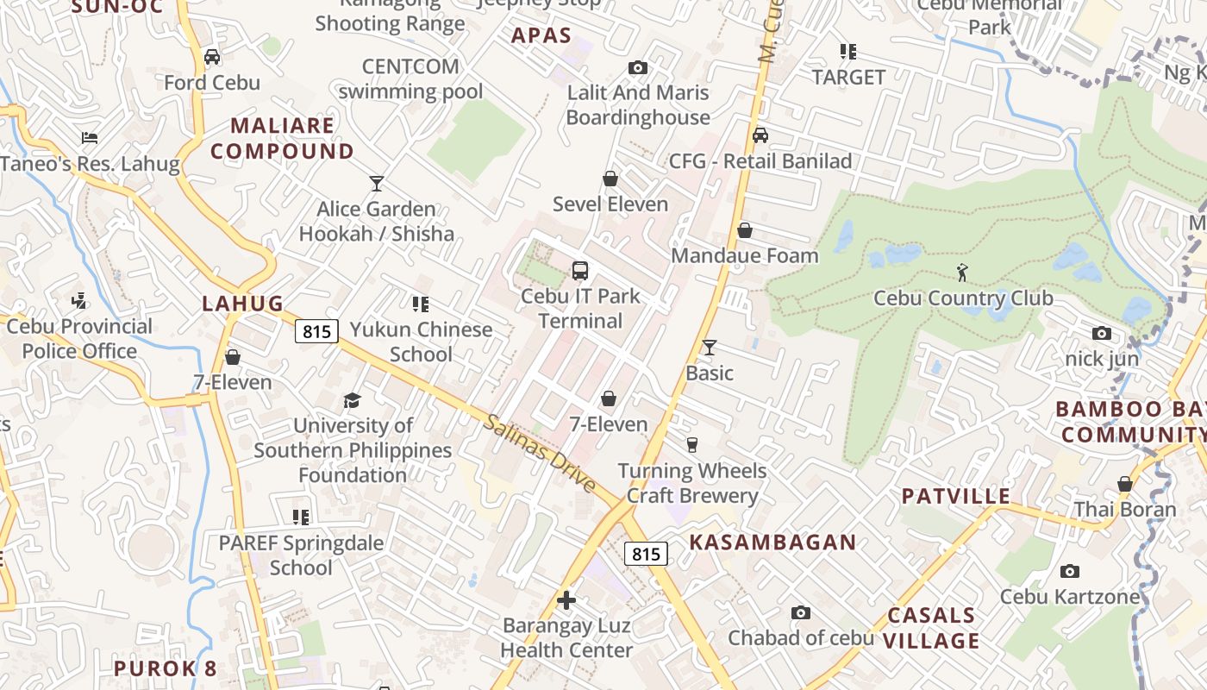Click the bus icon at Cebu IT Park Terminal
(580, 270)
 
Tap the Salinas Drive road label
(540, 454)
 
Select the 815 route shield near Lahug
(316, 330)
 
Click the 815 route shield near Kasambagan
(646, 554)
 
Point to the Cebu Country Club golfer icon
(962, 273)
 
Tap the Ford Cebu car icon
(212, 57)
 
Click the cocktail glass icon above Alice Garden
(376, 183)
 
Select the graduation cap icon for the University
(352, 400)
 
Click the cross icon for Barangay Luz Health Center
(566, 600)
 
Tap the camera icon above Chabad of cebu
(801, 612)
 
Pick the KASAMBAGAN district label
(773, 543)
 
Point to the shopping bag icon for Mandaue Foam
(745, 230)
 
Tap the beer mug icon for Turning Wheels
(691, 445)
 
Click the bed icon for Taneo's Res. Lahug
(90, 138)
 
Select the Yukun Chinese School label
(421, 342)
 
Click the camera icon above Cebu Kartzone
(1069, 571)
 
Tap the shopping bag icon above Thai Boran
(1124, 484)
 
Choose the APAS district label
(541, 35)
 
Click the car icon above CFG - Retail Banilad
(760, 135)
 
